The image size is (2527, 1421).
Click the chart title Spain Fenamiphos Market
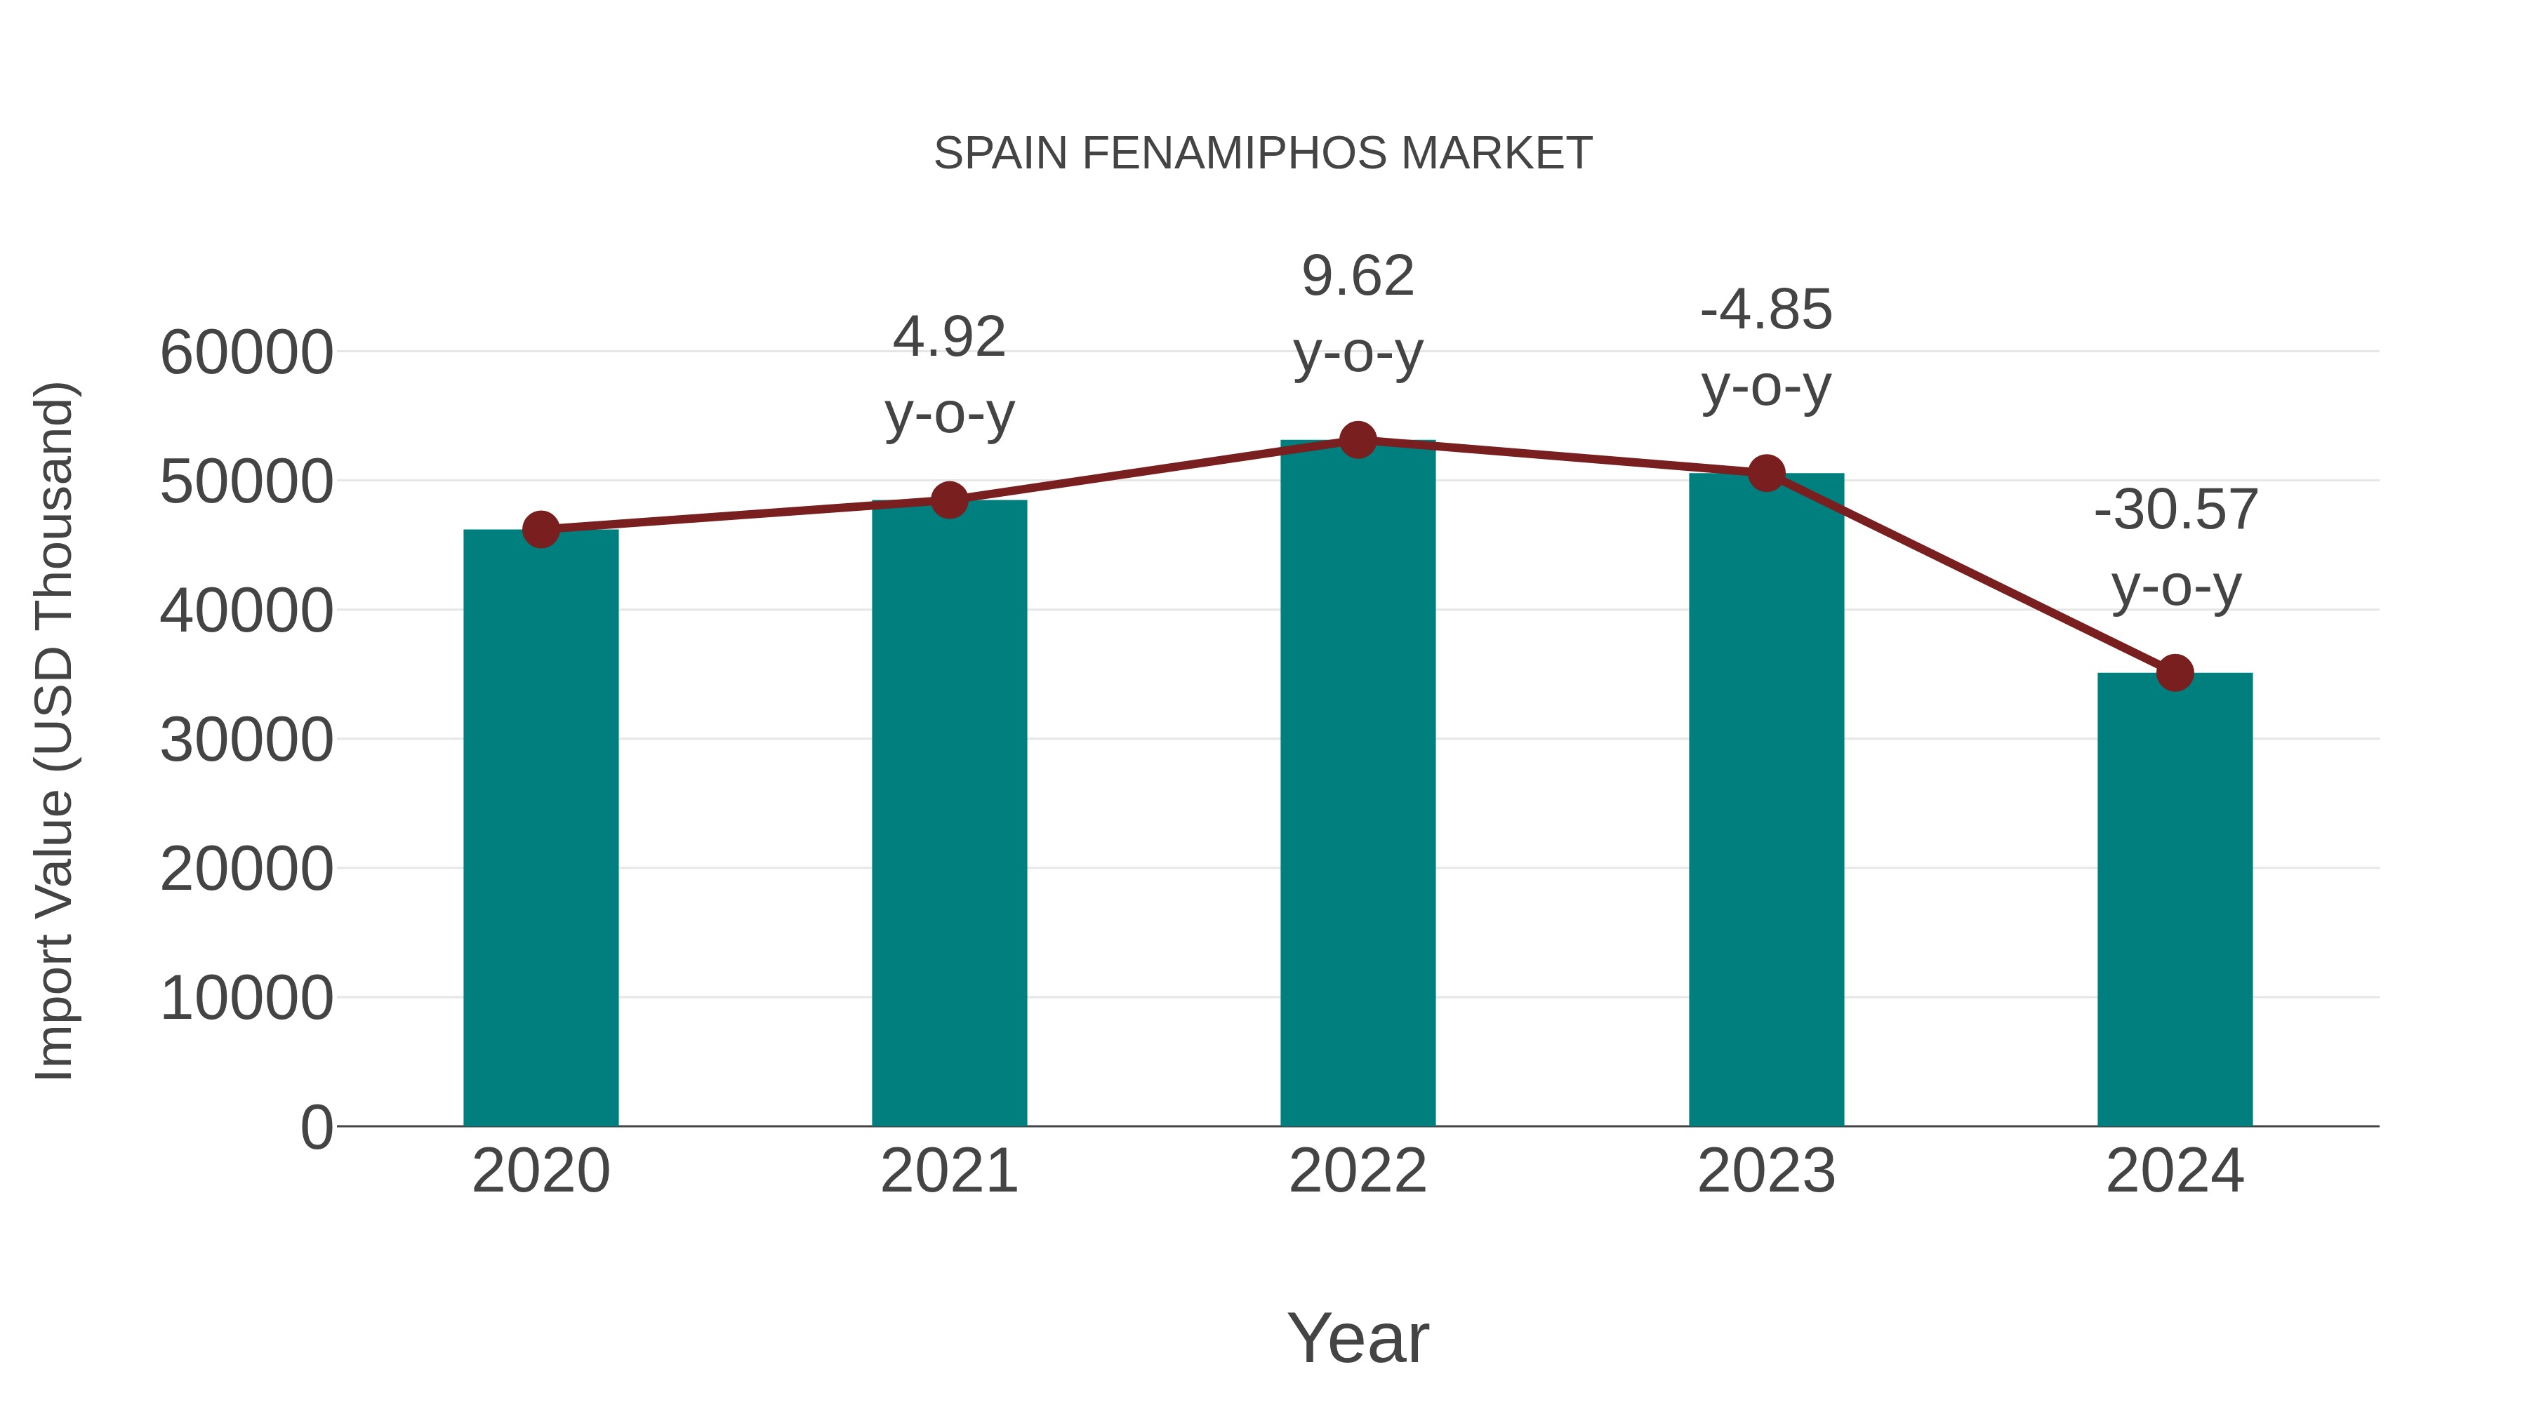pyautogui.click(x=1263, y=154)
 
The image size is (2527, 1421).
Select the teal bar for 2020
pyautogui.click(x=540, y=834)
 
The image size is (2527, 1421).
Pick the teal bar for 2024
pyautogui.click(x=2175, y=902)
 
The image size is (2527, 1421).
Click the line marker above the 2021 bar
pyautogui.click(x=948, y=500)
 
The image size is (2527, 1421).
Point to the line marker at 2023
pyautogui.click(x=1766, y=474)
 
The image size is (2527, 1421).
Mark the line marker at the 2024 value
pyautogui.click(x=2175, y=673)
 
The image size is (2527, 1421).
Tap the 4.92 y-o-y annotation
pyautogui.click(x=948, y=375)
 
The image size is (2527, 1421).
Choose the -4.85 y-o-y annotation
pyautogui.click(x=1766, y=347)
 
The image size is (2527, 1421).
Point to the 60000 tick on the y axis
pyautogui.click(x=246, y=352)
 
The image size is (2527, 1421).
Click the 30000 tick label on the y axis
pyautogui.click(x=246, y=740)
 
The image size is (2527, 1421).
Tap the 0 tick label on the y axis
pyautogui.click(x=316, y=1127)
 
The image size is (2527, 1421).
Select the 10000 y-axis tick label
pyautogui.click(x=246, y=999)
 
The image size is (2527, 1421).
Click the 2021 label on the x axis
pyautogui.click(x=948, y=1171)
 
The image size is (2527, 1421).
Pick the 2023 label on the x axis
pyautogui.click(x=1766, y=1171)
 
